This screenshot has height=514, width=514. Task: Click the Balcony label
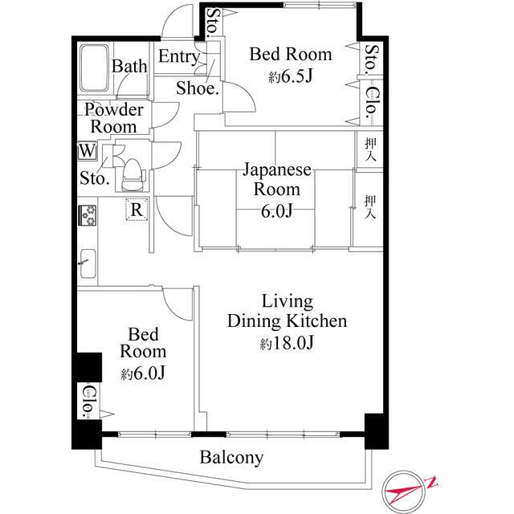231,459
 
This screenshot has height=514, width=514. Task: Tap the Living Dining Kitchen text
288,312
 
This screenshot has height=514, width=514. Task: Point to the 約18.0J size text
287,345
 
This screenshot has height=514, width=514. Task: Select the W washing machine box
86,150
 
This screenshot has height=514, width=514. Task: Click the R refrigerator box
137,210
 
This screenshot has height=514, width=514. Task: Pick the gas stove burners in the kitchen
87,215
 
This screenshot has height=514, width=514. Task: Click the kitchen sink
88,264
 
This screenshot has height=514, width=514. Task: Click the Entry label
178,56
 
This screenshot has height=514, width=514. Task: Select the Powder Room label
113,118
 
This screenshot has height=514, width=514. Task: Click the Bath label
128,66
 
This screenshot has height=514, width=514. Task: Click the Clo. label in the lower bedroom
88,401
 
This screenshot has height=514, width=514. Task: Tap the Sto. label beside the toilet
94,178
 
